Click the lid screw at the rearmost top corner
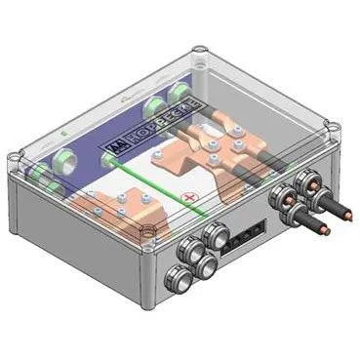tap(199, 49)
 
